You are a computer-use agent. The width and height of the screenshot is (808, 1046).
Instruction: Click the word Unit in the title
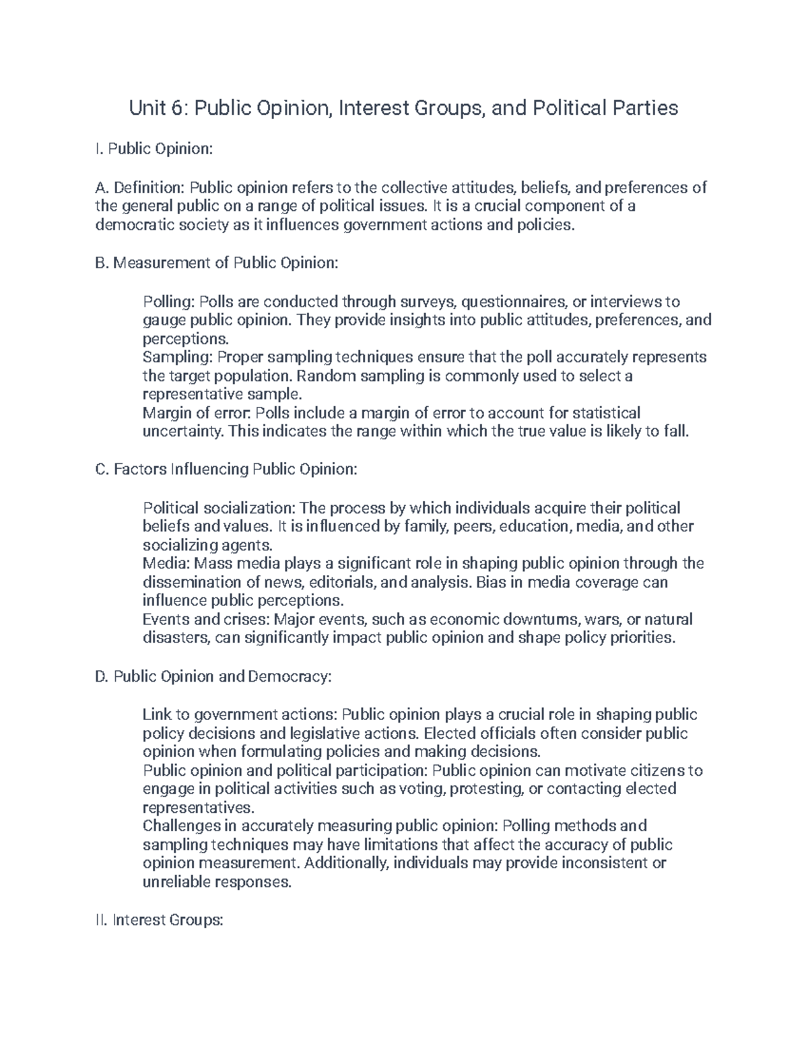pos(145,108)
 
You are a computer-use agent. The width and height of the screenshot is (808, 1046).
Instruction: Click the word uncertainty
pos(182,432)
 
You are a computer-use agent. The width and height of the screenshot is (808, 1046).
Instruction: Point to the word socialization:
pos(249,508)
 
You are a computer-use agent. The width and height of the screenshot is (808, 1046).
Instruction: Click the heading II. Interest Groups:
pos(160,920)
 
